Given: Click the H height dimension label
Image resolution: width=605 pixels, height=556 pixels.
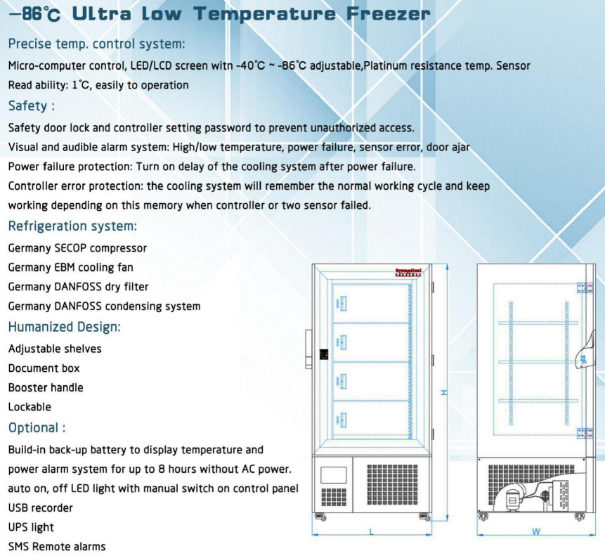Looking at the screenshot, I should click(444, 392).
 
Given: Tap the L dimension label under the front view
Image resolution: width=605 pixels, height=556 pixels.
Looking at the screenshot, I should click(372, 532).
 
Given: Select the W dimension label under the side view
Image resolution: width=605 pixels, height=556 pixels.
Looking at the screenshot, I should click(536, 532).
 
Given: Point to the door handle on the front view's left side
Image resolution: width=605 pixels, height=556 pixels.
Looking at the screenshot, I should click(309, 349).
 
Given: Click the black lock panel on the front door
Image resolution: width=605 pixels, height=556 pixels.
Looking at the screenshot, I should click(324, 354).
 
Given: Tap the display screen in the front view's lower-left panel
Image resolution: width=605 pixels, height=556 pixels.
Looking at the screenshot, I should click(333, 474).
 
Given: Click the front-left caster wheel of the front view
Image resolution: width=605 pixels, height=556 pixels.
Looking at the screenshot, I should click(320, 518).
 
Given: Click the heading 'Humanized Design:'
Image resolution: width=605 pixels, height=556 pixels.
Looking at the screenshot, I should click(64, 327).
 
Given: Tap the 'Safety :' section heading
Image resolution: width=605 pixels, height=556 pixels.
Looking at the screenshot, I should click(31, 106).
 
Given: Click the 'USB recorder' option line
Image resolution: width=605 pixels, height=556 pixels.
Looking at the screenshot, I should click(40, 507).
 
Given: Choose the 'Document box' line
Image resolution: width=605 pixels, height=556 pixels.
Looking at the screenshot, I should click(44, 368).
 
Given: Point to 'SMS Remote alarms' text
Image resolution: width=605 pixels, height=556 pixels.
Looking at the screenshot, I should click(57, 546).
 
